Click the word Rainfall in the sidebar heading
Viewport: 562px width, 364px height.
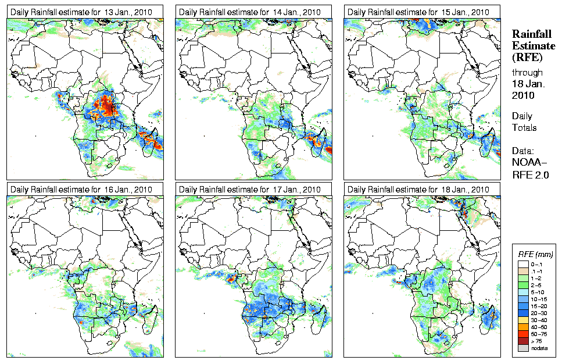[530, 34]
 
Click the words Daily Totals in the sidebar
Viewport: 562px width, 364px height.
[524, 122]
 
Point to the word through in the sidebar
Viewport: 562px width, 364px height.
[527, 73]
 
